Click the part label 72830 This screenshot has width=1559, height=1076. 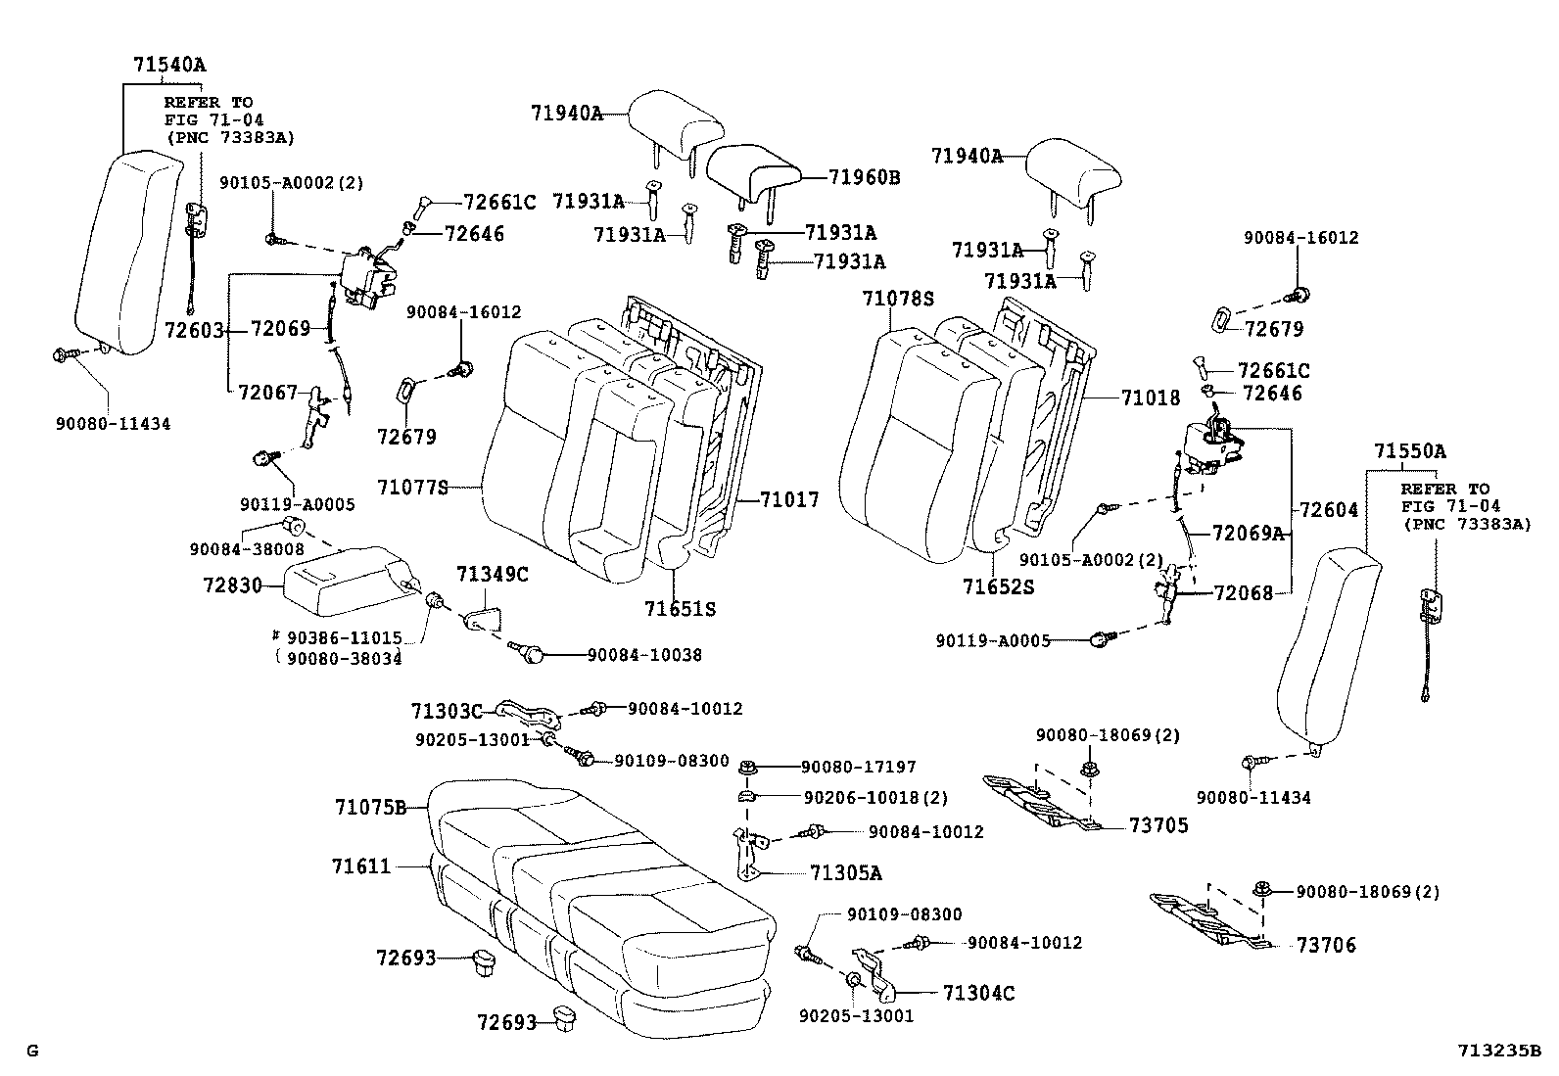point(233,585)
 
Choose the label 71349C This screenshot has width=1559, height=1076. point(492,575)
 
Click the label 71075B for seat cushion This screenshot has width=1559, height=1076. point(370,808)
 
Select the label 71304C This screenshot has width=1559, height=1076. point(978,993)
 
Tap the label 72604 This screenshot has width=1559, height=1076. point(1329,510)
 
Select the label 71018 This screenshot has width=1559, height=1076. point(1151,398)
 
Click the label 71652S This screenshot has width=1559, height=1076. point(998,586)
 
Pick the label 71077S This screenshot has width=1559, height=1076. point(412,486)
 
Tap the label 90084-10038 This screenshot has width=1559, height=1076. point(644,655)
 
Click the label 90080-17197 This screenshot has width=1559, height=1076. point(859,767)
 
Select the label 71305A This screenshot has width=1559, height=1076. point(845,872)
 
